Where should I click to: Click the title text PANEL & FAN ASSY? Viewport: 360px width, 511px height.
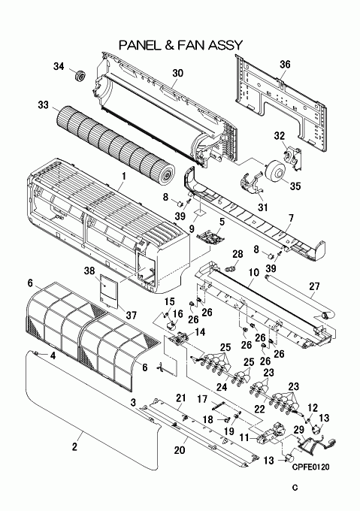181,45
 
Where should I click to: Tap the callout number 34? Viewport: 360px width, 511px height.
59,66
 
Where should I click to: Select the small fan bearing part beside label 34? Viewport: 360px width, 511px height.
79,76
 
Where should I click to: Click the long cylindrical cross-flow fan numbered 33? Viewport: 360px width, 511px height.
116,143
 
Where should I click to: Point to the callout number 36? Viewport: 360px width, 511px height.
285,64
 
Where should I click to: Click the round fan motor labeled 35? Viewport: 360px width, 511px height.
274,171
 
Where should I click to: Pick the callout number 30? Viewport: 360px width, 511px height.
177,73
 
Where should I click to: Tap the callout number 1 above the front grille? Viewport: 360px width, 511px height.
124,177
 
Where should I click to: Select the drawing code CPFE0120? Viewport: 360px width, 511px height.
310,467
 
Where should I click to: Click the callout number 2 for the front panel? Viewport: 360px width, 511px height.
74,446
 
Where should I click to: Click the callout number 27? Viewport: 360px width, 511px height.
314,286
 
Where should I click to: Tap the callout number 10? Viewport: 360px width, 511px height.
254,272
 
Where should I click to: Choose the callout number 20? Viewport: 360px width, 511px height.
180,450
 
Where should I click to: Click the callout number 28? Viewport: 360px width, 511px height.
237,254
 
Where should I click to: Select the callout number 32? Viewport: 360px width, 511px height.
279,136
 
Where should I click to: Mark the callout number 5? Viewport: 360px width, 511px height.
222,222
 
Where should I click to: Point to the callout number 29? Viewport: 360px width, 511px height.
298,430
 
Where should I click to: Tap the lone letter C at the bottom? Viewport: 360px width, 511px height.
295,488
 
